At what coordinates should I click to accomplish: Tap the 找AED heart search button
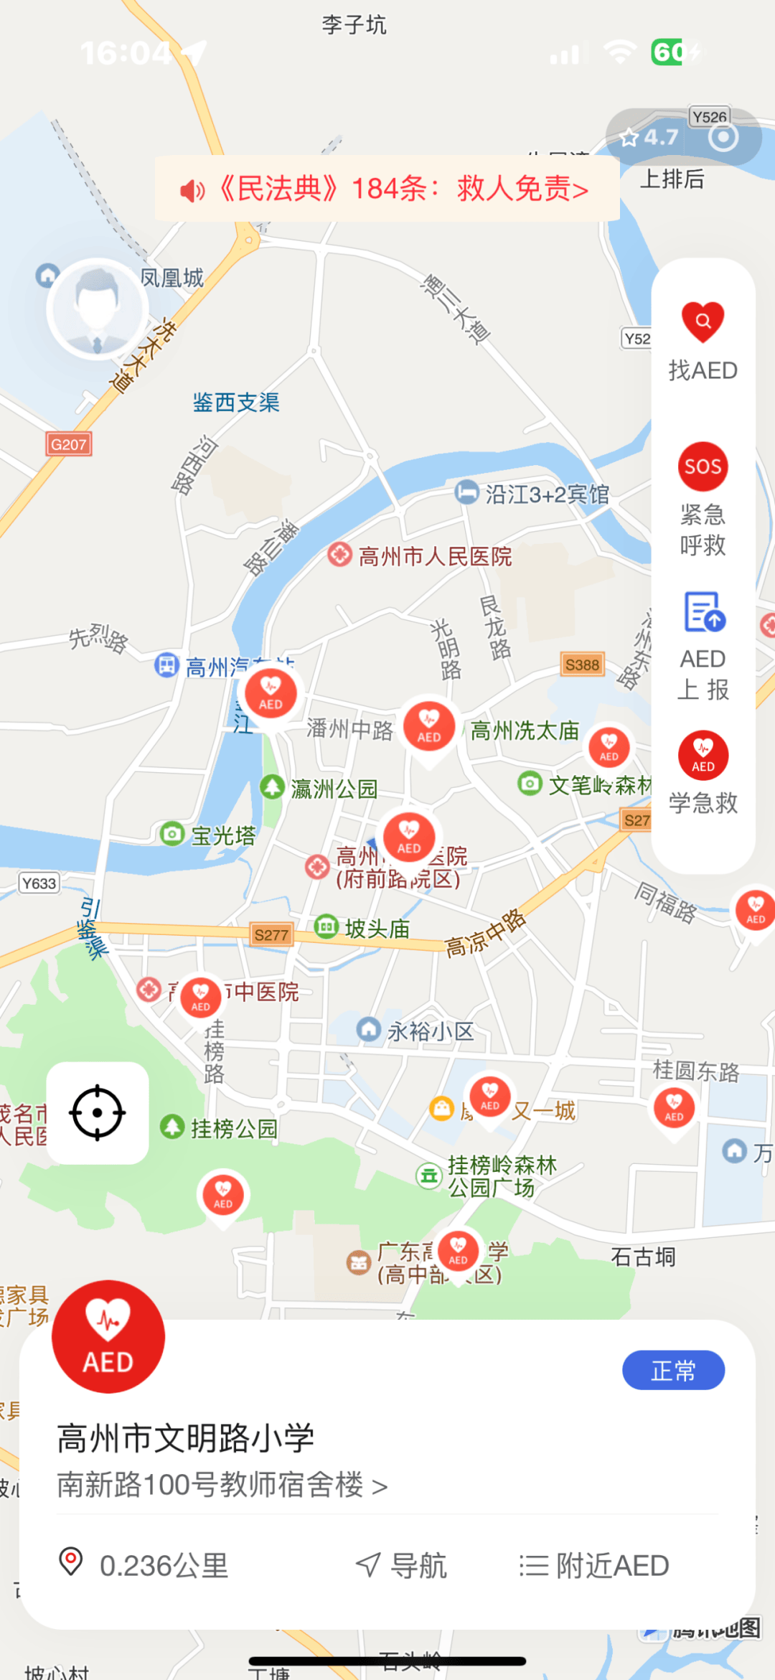click(703, 322)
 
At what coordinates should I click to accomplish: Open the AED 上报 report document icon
click(703, 612)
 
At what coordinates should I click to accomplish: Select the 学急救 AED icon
click(703, 756)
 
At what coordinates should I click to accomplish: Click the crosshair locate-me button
click(98, 1112)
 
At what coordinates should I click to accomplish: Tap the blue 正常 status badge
click(673, 1370)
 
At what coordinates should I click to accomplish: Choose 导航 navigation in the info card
click(402, 1565)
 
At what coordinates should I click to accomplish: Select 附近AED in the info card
click(594, 1565)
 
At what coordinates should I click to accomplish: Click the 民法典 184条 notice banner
click(387, 189)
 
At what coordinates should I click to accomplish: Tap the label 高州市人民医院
click(435, 556)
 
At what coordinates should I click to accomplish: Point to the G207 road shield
click(69, 444)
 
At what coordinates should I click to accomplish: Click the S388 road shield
click(582, 665)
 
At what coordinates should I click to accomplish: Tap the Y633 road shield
click(39, 883)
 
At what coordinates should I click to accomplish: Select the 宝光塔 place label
click(222, 836)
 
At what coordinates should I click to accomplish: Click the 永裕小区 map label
click(430, 1032)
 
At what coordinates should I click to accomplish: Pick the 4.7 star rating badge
click(649, 137)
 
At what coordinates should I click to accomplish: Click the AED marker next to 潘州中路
click(428, 726)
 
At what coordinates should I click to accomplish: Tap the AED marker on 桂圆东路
click(674, 1107)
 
